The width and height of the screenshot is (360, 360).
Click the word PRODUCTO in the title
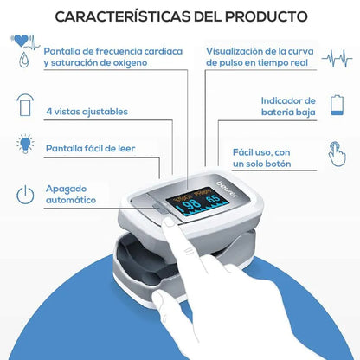pyautogui.click(x=266, y=16)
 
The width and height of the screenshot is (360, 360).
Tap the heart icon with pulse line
pyautogui.click(x=25, y=42)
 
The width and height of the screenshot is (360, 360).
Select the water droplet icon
pyautogui.click(x=24, y=60)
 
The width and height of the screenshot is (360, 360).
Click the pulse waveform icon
pyautogui.click(x=337, y=59)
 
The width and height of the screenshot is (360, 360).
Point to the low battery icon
pyautogui.click(x=337, y=105)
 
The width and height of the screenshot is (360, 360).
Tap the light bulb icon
pyautogui.click(x=25, y=144)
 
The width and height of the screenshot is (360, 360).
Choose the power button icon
pyautogui.click(x=25, y=195)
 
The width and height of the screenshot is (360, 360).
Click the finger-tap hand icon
pyautogui.click(x=337, y=154)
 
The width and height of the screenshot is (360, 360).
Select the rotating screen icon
pyautogui.click(x=25, y=105)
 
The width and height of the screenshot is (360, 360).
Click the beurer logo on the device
pyautogui.click(x=228, y=190)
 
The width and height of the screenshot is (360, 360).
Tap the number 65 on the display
pyautogui.click(x=213, y=199)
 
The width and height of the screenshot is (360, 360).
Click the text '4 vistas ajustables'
pyautogui.click(x=87, y=112)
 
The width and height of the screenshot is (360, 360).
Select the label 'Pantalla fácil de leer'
pyautogui.click(x=90, y=149)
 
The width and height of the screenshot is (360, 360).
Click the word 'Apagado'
pyautogui.click(x=66, y=190)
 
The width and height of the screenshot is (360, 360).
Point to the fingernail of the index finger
pyautogui.click(x=169, y=222)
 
